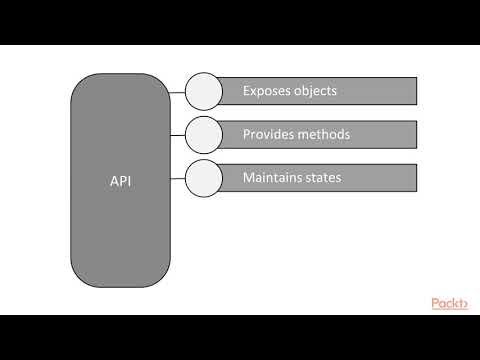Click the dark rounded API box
click(x=120, y=230)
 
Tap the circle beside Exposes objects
click(x=203, y=91)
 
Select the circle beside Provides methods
click(x=203, y=134)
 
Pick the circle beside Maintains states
click(x=203, y=178)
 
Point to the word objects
click(x=315, y=91)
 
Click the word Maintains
click(x=274, y=178)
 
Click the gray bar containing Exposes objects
click(x=380, y=91)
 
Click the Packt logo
click(x=450, y=303)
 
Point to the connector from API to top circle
click(x=178, y=92)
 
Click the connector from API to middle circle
click(x=178, y=135)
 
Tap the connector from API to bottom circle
click(x=178, y=178)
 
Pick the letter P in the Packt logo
click(x=437, y=303)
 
